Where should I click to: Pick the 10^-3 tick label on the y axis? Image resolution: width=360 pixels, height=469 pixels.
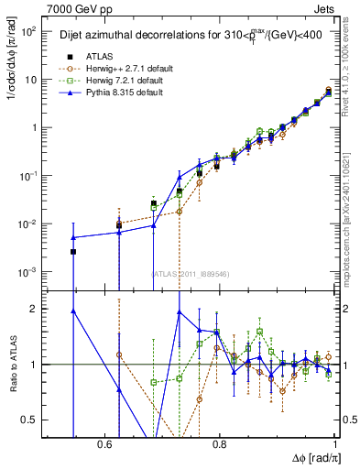[x=27, y=272]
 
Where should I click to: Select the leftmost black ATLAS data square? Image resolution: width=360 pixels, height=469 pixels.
[x=73, y=251]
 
